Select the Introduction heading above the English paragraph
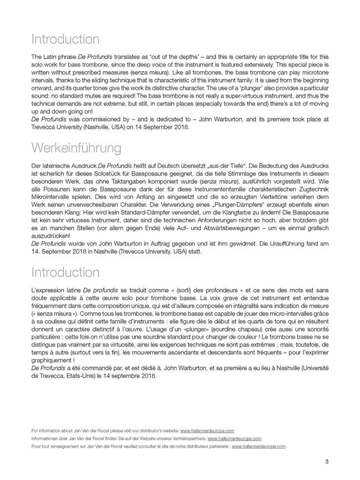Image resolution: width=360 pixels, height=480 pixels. coord(66,39)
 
